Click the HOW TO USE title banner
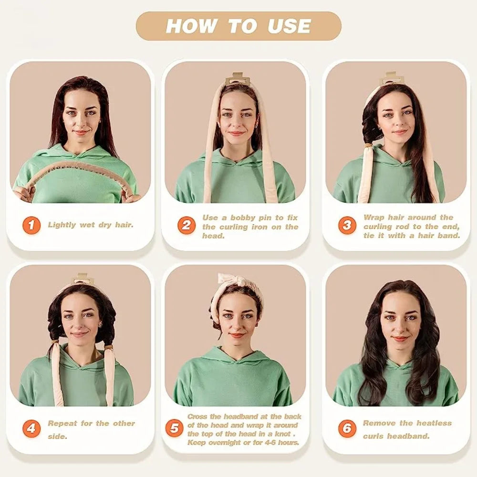[238, 26]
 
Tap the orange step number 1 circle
[31, 225]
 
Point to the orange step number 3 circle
[347, 225]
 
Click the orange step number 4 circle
[31, 429]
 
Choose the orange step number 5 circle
[174, 428]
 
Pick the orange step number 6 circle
[347, 428]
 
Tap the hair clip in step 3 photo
[391, 78]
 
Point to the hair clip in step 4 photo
[83, 279]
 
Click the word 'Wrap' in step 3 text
[374, 218]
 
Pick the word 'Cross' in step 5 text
[197, 416]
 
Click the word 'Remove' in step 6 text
[379, 423]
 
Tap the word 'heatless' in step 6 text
[433, 423]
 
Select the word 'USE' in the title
[290, 26]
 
